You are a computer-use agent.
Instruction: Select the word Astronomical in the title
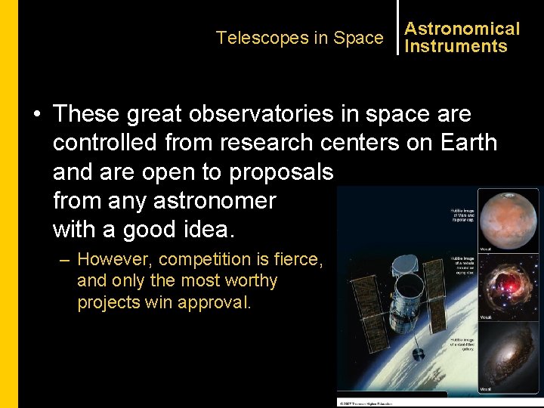coord(462,29)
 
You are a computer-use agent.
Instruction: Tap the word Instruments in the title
coord(456,46)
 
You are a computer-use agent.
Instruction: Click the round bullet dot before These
coord(36,115)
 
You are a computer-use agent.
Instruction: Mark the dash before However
coord(66,259)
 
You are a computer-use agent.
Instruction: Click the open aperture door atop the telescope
coord(405,261)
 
